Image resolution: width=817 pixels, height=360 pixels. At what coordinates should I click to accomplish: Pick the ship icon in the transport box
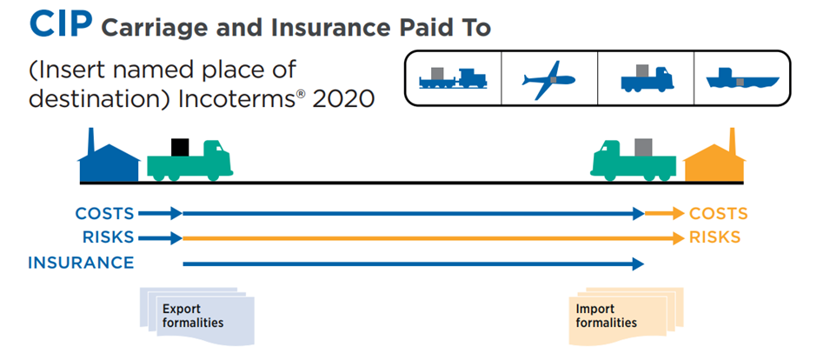click(741, 81)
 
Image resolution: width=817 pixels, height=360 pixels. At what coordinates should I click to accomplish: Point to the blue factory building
click(108, 161)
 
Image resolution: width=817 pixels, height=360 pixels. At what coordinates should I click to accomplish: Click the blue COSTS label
click(104, 213)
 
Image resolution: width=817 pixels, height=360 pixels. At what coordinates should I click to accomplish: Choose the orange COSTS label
click(718, 213)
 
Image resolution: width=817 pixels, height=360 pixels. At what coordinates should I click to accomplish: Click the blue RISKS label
click(108, 237)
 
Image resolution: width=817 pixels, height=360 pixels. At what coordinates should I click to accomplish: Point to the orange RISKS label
click(714, 237)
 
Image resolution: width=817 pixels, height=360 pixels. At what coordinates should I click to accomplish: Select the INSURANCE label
click(81, 263)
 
